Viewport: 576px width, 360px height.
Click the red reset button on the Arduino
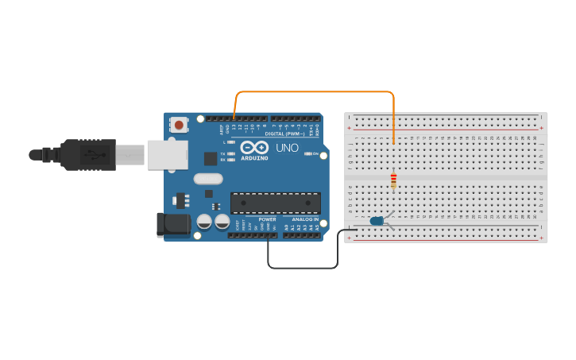click(180, 125)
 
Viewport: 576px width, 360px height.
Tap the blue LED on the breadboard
click(377, 220)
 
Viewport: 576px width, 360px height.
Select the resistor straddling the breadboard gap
click(393, 182)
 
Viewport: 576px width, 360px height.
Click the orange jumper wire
click(318, 91)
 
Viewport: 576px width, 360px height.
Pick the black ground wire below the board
click(302, 268)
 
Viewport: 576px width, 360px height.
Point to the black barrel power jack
click(172, 225)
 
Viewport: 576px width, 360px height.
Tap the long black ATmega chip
click(275, 203)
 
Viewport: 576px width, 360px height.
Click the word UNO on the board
click(287, 148)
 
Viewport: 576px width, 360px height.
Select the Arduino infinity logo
click(255, 148)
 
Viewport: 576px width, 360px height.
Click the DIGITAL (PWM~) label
click(284, 134)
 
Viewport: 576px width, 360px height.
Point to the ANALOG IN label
click(305, 219)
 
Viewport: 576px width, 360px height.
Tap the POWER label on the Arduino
click(267, 219)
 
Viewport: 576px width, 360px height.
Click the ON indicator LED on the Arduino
click(307, 153)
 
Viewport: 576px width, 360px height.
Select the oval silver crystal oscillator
click(208, 179)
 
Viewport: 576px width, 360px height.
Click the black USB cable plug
click(87, 154)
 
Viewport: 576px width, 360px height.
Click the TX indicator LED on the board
click(231, 153)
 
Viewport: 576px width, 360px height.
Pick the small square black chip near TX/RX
click(211, 158)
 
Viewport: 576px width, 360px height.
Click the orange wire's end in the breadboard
click(393, 143)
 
